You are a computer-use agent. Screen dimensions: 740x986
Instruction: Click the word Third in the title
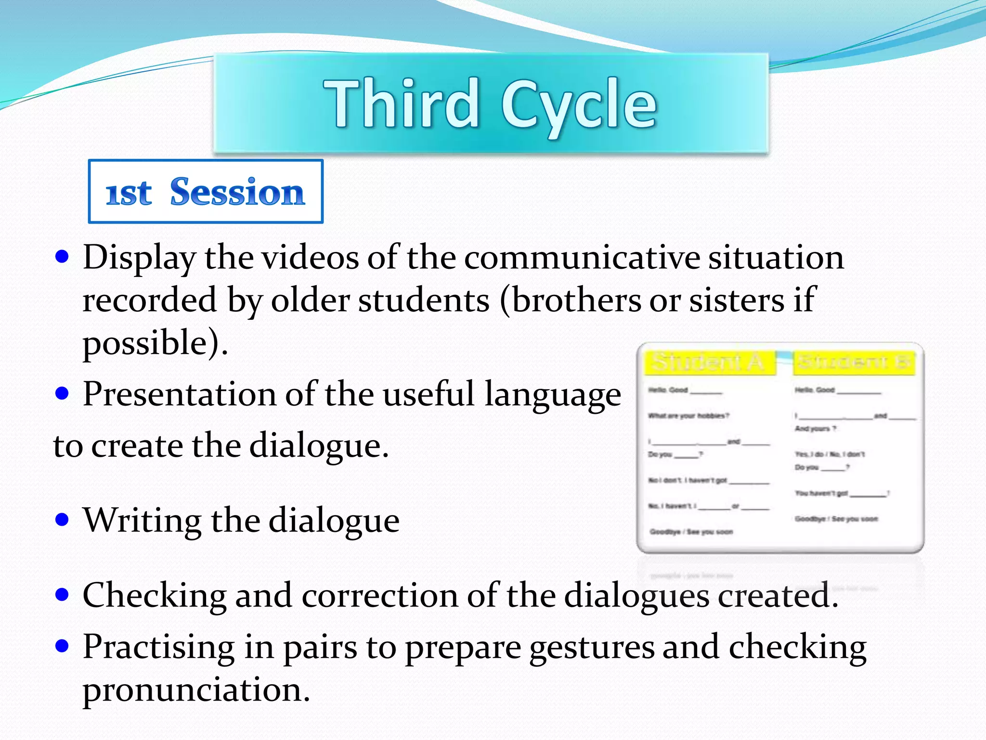401,104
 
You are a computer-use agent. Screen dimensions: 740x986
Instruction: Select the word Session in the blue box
237,192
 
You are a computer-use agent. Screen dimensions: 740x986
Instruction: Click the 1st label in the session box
129,194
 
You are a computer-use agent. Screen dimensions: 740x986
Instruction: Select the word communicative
582,257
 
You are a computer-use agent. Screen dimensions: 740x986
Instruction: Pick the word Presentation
179,394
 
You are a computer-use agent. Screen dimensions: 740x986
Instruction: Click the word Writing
142,520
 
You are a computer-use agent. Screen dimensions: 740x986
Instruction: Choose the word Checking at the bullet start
154,596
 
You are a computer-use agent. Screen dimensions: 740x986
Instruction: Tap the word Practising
158,647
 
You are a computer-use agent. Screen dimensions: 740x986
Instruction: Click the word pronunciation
196,689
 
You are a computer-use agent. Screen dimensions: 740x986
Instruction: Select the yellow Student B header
853,362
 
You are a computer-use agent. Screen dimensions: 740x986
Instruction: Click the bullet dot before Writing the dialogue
62,520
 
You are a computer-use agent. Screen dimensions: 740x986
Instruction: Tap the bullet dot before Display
62,256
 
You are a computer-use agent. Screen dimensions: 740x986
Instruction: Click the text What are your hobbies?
688,416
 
